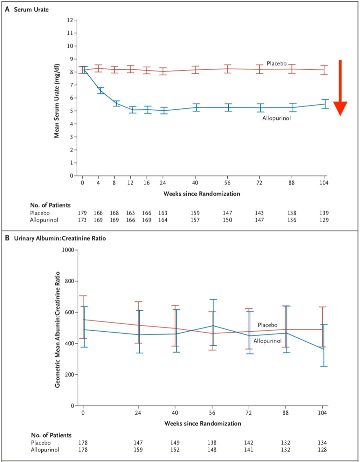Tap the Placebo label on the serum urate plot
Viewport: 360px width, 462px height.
(276, 63)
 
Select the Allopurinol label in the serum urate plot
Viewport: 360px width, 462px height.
(276, 118)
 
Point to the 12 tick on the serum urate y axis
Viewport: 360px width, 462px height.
(70, 20)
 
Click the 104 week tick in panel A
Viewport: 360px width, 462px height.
(324, 182)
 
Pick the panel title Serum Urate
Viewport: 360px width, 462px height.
(31, 10)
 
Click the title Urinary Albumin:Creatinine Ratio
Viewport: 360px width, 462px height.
(60, 238)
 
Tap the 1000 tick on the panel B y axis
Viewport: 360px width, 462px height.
(68, 250)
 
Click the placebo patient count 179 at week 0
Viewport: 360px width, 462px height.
(82, 213)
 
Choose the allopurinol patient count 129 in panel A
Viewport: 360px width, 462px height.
(324, 220)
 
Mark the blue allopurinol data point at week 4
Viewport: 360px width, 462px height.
(98, 91)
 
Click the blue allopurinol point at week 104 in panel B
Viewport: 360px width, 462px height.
(323, 349)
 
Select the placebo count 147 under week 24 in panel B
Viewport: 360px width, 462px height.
(138, 443)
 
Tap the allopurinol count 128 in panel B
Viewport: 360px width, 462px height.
(322, 450)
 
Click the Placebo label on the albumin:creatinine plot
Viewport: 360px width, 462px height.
(267, 325)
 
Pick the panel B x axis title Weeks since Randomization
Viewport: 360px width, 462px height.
(203, 423)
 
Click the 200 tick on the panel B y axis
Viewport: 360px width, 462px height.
(69, 375)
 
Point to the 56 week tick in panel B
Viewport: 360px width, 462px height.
(212, 413)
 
